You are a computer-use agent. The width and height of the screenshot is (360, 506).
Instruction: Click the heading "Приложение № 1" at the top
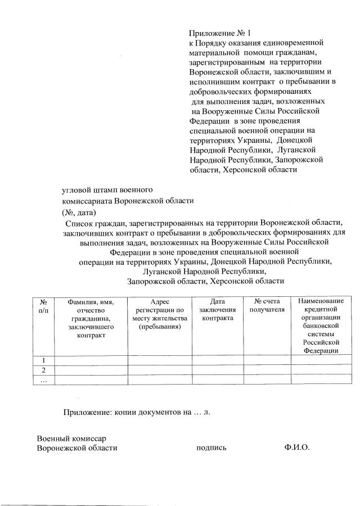216,34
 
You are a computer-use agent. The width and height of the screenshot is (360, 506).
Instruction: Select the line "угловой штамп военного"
107,189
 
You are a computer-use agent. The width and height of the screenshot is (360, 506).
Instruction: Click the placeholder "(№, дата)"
79,212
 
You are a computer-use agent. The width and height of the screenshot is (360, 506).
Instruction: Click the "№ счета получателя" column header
267,306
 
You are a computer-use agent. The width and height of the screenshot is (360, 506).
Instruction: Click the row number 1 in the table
43,360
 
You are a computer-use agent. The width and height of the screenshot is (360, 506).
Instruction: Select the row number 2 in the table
43,370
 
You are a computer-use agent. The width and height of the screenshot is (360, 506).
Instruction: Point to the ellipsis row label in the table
43,380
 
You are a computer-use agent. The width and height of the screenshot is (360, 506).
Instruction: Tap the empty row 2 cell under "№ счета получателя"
267,370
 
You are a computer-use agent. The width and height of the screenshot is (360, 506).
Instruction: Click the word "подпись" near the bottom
211,448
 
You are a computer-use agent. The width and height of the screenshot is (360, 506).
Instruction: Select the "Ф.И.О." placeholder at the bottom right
298,448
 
